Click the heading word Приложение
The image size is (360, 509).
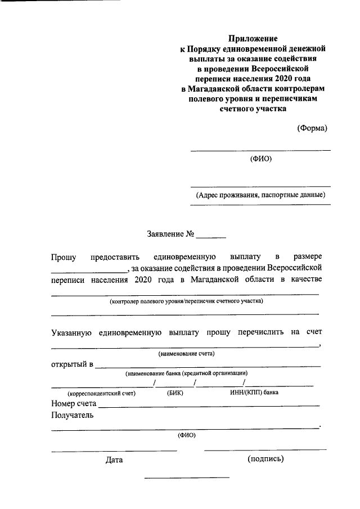tap(253, 39)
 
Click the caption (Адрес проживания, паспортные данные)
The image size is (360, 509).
tap(260, 195)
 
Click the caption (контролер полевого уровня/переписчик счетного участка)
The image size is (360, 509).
tap(186, 301)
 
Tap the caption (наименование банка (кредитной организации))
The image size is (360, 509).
tap(186, 373)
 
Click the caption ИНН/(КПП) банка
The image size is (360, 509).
tap(254, 392)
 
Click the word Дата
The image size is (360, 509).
tap(114, 460)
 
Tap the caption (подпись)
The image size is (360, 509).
tap(265, 459)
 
